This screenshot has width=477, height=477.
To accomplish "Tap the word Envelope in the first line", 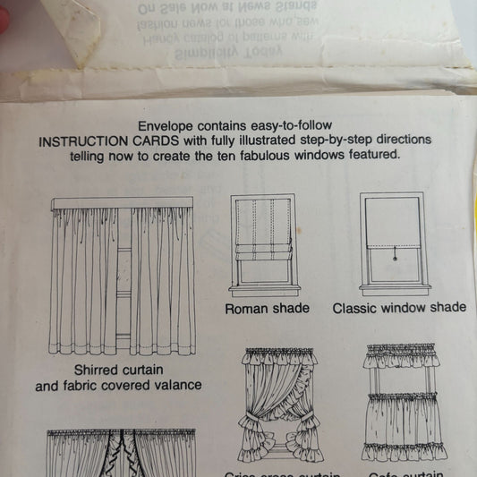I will (x=166, y=127).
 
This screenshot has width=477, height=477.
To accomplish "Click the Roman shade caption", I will (x=267, y=308).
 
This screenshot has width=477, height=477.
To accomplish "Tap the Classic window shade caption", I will (x=399, y=308).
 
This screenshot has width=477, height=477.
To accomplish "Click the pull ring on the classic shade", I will (x=397, y=258).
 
